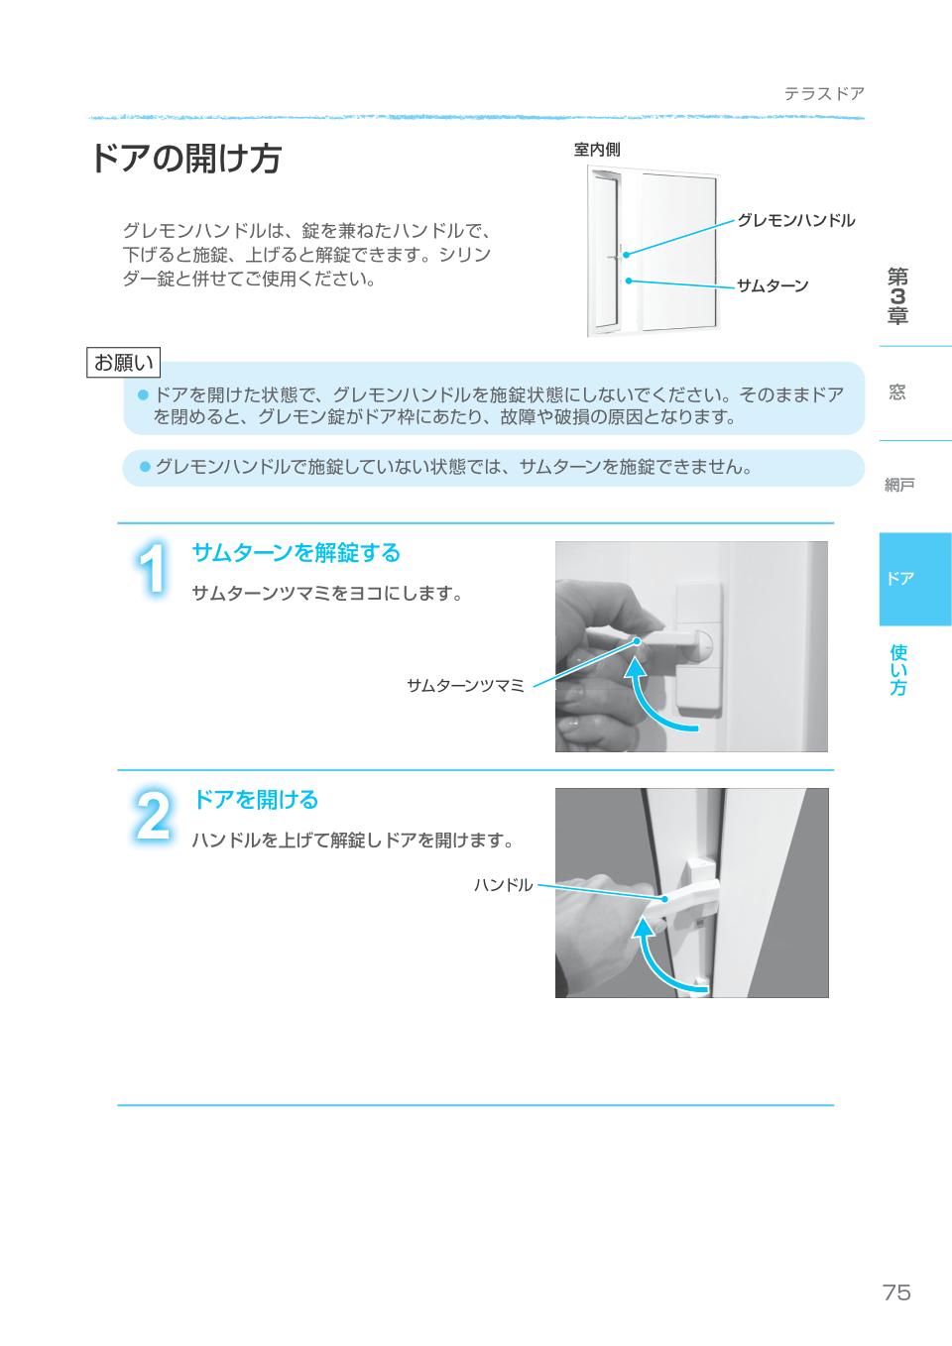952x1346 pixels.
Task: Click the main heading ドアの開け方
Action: coord(185,159)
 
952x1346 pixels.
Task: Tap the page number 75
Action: coord(895,1292)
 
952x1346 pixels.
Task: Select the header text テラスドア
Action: coord(824,94)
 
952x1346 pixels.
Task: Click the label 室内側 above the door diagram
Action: coord(597,150)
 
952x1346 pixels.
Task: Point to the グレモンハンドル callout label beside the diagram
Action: coord(795,220)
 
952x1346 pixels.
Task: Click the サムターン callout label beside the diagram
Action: coord(773,286)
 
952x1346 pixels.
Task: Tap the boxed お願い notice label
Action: coord(124,363)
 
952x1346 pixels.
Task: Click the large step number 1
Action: coord(153,570)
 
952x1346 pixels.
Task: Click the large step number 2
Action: coord(153,817)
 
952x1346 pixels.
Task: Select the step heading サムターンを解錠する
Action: coord(296,552)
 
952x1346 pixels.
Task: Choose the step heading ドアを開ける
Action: coord(255,799)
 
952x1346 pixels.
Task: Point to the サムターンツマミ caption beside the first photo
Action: coord(465,685)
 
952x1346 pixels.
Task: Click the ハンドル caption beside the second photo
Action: coord(503,885)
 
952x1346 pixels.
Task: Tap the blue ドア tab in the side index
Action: coord(900,579)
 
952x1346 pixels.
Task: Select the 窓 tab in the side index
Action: coord(897,393)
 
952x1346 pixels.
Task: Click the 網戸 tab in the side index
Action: coord(899,485)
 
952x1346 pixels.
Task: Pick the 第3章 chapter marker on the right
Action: coord(897,295)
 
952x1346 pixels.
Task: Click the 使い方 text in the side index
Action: coord(898,670)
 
